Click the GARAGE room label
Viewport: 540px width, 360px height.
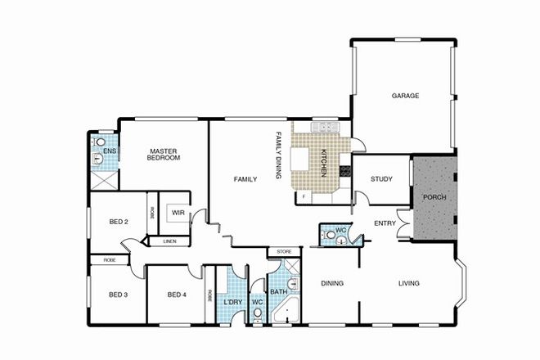click(404, 96)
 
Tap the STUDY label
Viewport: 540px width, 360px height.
click(382, 179)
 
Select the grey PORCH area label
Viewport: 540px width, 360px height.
click(434, 199)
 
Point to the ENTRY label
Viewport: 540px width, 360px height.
click(385, 223)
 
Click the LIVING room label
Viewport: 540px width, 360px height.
click(408, 284)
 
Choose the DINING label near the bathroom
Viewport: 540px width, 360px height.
click(332, 284)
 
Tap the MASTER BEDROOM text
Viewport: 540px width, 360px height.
click(164, 154)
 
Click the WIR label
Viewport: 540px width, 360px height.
click(178, 213)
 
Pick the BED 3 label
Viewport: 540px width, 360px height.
click(119, 295)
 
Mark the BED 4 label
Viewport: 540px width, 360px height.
click(178, 295)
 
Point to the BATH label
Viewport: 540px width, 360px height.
click(278, 290)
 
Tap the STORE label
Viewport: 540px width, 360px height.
click(284, 251)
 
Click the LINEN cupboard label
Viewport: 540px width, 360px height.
click(169, 241)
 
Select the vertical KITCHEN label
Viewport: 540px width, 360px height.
click(324, 164)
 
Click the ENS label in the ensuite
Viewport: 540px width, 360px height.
click(109, 152)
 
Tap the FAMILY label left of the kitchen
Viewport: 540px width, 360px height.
click(245, 179)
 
